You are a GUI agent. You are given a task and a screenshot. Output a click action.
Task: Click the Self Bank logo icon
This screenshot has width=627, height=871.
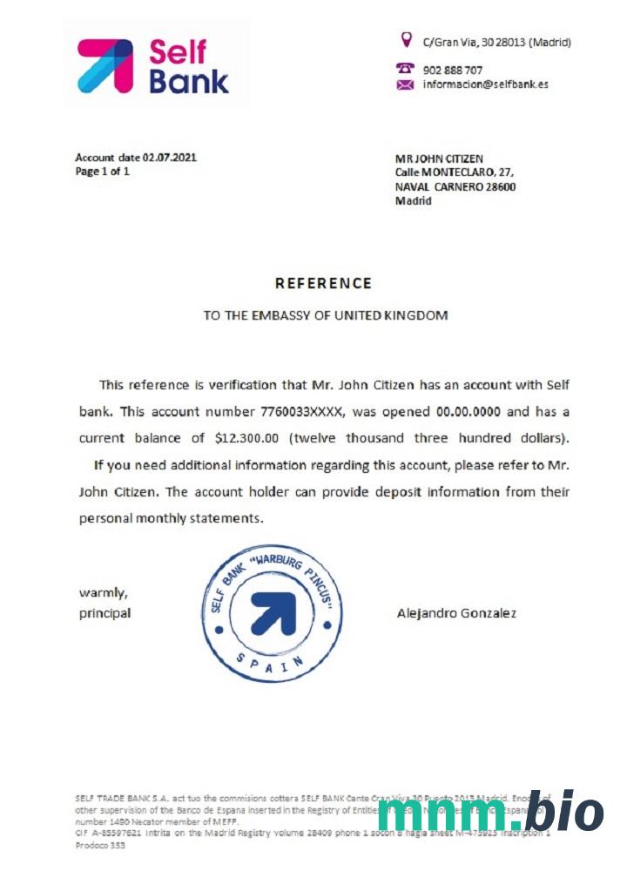pos(105,65)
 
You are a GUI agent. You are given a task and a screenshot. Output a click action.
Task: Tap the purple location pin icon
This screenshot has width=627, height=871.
pos(405,39)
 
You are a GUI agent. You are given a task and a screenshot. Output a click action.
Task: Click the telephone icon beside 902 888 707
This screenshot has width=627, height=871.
pos(405,69)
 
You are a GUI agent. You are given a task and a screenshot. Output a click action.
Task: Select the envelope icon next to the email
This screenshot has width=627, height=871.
pos(405,84)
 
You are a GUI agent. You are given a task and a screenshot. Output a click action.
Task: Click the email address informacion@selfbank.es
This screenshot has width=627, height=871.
pos(485,84)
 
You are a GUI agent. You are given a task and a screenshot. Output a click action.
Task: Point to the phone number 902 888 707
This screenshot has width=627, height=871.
pos(452,70)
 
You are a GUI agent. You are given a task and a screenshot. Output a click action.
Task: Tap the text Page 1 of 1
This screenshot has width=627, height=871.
pos(102,172)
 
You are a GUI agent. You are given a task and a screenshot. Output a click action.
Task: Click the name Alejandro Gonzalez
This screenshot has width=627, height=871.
pos(455,613)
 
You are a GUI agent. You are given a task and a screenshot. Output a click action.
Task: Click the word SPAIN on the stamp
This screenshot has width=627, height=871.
pos(271,664)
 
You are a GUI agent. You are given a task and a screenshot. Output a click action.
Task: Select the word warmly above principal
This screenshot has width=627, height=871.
pos(104,593)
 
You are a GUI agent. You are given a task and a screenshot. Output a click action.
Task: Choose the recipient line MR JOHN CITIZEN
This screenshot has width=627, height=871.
pos(439,159)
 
